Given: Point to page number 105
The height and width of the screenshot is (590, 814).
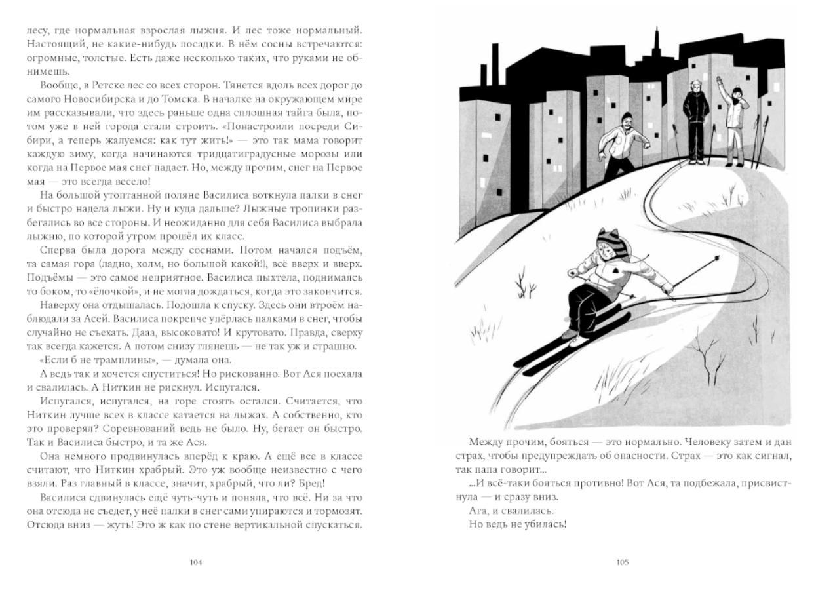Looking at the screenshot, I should (x=623, y=562).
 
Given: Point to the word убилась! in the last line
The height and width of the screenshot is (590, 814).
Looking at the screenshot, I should (x=542, y=525).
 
